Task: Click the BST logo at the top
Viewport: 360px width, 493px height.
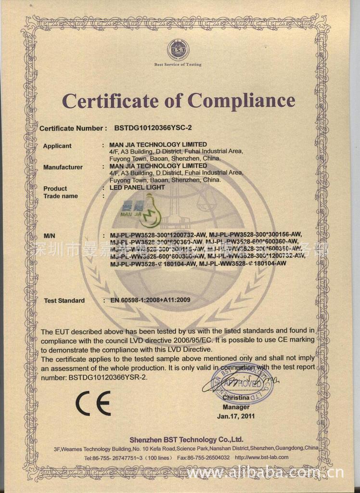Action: coord(178,50)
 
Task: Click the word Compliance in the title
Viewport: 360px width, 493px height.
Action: coord(241,100)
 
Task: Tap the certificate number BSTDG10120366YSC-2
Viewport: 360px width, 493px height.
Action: coord(153,129)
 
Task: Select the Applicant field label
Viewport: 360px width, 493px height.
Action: coord(57,146)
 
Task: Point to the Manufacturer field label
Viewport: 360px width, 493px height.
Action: coord(63,168)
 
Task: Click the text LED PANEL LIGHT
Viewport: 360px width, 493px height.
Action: coord(137,187)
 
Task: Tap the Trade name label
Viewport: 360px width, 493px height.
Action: coord(61,196)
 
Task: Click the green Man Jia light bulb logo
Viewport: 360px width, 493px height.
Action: coord(144,210)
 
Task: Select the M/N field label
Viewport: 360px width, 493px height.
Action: coord(50,236)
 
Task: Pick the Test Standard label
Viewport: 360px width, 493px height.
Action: coord(64,300)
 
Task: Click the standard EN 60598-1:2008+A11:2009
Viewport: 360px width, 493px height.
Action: coord(150,300)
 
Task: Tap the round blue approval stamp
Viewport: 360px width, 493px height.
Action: coord(243,384)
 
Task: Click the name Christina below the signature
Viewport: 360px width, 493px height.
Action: coord(236,398)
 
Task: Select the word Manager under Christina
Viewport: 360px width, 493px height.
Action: coord(236,407)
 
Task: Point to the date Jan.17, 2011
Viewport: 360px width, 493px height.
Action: coord(236,415)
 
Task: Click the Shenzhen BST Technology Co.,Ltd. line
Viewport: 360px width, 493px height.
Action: coord(186,440)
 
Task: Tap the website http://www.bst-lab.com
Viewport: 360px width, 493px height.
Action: coord(262,457)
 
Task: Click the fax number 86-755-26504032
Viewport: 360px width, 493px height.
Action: coord(208,457)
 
